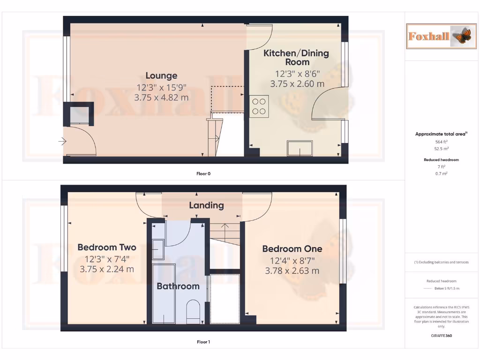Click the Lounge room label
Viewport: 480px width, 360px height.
[161, 75]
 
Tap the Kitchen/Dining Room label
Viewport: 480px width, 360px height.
[297, 57]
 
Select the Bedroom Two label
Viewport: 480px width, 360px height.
[107, 247]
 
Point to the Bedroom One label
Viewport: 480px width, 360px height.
[292, 249]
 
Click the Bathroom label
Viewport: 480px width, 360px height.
[178, 286]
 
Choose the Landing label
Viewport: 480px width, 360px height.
[206, 205]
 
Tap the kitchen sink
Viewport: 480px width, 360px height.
[301, 148]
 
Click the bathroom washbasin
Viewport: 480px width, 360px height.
[158, 249]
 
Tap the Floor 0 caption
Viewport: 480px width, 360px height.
[203, 173]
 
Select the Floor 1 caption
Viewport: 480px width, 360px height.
[203, 342]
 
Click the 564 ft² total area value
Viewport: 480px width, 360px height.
[442, 142]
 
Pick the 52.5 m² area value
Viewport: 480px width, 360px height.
[442, 148]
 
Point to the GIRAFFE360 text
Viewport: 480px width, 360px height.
[442, 336]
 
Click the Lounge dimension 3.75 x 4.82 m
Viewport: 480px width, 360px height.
[161, 98]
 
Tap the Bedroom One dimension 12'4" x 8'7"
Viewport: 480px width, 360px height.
[292, 261]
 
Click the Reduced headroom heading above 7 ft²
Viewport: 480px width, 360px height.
[442, 160]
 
